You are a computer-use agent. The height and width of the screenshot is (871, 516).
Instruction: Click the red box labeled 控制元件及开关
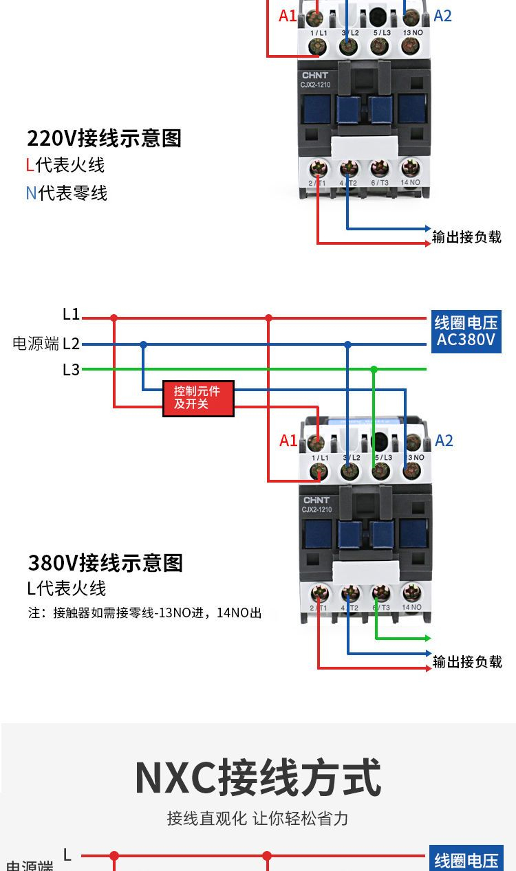pos(198,398)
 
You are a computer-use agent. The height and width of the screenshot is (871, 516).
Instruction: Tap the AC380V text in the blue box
pos(466,340)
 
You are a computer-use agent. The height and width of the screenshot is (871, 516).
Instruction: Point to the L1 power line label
pos(72,315)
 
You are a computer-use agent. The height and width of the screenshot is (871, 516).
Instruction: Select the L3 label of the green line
pos(72,370)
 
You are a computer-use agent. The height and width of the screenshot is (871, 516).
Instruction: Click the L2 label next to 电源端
pos(72,344)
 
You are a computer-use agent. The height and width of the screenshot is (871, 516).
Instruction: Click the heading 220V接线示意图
pos(104,138)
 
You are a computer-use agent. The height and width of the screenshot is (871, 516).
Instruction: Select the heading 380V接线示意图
pos(105,563)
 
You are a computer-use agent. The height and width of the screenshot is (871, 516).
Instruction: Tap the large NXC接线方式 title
pos(257,778)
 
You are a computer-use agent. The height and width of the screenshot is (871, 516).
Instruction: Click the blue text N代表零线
pos(67,193)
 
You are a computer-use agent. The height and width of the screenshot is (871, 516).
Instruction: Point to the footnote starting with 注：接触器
pos(144,613)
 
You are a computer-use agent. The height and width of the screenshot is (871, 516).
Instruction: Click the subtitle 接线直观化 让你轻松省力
pos(257,818)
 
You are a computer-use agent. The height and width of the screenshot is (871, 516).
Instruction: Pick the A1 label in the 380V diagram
pos(288,441)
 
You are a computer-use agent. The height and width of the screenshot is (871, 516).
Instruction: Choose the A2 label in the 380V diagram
pos(444,441)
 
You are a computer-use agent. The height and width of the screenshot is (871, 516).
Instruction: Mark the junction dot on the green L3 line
pos(374,370)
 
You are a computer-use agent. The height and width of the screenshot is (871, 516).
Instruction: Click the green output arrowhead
pos(428,639)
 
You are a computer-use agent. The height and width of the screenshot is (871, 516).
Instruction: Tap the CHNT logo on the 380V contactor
pos(316,500)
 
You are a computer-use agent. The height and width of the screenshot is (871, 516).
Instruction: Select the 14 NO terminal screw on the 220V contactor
pos(410,167)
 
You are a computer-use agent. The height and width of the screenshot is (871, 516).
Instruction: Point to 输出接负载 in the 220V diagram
pos(466,237)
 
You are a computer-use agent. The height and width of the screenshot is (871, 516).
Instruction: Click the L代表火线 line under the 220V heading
pos(65,166)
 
